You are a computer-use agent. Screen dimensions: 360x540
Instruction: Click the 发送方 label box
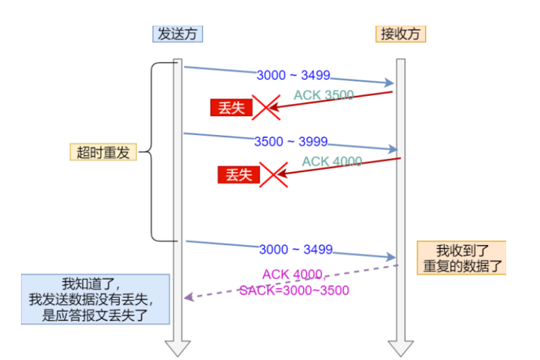click(x=178, y=34)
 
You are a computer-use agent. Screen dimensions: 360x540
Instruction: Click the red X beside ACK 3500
click(x=266, y=107)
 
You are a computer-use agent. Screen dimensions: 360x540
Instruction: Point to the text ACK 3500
click(x=323, y=95)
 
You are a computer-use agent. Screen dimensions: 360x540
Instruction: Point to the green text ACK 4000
click(x=332, y=161)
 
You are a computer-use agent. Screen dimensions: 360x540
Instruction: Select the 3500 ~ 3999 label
click(x=291, y=142)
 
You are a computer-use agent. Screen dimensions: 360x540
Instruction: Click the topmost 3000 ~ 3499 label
click(x=293, y=76)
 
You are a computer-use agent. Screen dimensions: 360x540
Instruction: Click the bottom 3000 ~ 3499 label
click(x=295, y=249)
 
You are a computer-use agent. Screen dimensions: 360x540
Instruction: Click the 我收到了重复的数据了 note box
click(x=461, y=257)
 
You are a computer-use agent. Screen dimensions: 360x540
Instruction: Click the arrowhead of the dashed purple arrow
click(x=189, y=297)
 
